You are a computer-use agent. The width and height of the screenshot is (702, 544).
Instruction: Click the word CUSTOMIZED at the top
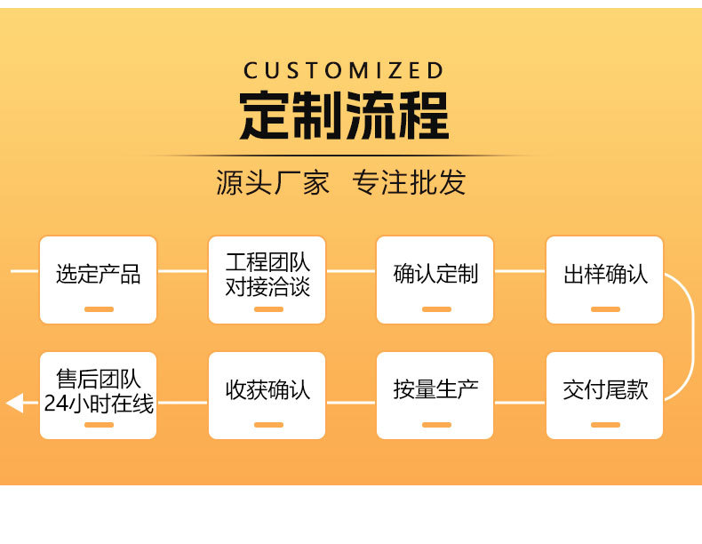pyautogui.click(x=343, y=70)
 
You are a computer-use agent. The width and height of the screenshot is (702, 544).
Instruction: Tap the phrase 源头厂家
pyautogui.click(x=273, y=182)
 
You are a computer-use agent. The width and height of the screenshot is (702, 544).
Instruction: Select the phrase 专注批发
pyautogui.click(x=409, y=182)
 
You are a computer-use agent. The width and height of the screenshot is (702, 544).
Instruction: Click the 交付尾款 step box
pyautogui.click(x=605, y=395)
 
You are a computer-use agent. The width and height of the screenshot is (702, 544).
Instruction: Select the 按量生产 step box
pyautogui.click(x=435, y=395)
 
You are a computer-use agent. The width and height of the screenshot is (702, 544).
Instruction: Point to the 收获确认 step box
pyautogui.click(x=267, y=395)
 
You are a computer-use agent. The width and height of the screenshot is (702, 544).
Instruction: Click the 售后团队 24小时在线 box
pyautogui.click(x=98, y=395)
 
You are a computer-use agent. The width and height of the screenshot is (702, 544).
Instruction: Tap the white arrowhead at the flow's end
pyautogui.click(x=14, y=404)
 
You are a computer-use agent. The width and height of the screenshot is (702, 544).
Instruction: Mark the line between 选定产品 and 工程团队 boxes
pyautogui.click(x=182, y=271)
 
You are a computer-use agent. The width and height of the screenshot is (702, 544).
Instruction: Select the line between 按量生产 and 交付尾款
pyautogui.click(x=520, y=403)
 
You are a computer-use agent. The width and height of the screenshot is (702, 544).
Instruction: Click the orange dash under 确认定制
pyautogui.click(x=436, y=309)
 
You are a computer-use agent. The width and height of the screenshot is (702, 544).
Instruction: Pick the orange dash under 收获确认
pyautogui.click(x=267, y=425)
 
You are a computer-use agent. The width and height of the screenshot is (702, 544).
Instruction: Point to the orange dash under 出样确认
pyautogui.click(x=605, y=309)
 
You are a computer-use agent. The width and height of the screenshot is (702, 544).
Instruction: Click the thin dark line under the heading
pyautogui.click(x=344, y=156)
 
